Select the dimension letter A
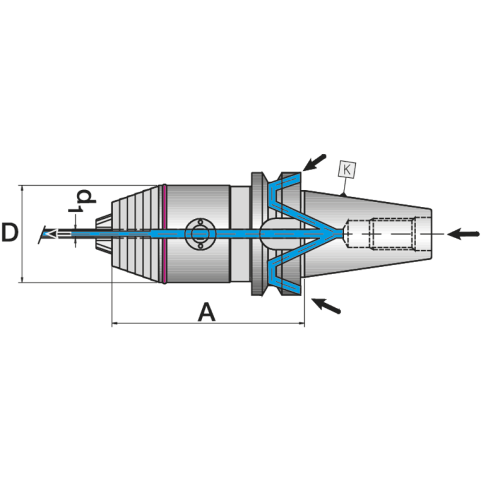206,313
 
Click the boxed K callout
347,170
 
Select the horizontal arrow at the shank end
465,233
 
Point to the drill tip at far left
45,233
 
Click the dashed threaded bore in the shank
382,233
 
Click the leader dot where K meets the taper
342,195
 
